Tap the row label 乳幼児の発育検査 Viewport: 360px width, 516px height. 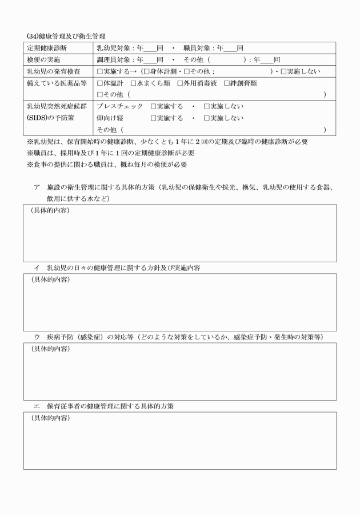point(55,71)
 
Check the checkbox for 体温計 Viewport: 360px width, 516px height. point(100,83)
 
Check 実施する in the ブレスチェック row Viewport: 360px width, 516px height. point(153,107)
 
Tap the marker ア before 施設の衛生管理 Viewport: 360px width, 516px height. point(36,188)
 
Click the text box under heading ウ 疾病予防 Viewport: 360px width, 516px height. point(179,371)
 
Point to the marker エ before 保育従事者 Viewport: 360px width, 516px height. point(36,406)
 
